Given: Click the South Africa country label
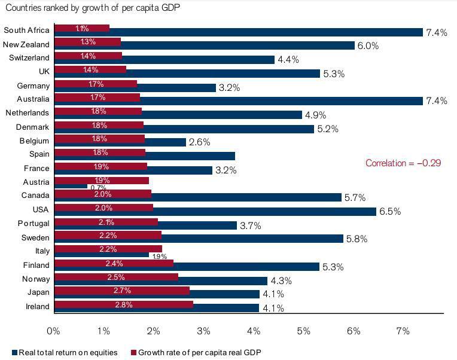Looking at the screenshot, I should point(26,30).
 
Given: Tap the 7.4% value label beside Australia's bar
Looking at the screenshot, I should point(436,101).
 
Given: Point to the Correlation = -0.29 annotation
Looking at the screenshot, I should point(403,163).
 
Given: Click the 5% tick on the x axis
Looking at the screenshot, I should point(303,331).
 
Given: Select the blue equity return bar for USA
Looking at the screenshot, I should point(263,212).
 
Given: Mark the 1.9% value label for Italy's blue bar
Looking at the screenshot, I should point(159,257).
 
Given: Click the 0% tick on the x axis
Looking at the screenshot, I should point(53,331).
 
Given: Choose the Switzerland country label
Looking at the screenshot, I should point(29,57).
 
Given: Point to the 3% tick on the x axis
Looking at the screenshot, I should point(203,331).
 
